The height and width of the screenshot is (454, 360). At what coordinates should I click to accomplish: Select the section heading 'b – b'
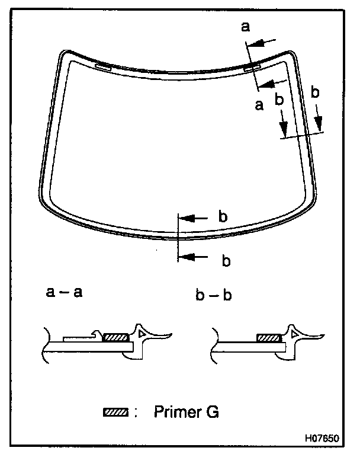[211, 292]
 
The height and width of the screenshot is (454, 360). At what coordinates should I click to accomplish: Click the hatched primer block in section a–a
[116, 337]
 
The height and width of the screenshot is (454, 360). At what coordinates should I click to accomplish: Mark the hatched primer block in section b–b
[270, 337]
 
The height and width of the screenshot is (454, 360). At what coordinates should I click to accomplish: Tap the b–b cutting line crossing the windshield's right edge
[302, 136]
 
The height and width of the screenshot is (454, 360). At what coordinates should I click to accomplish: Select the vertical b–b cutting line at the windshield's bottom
[177, 237]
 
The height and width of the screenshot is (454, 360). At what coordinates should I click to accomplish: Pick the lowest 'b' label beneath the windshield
[224, 260]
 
